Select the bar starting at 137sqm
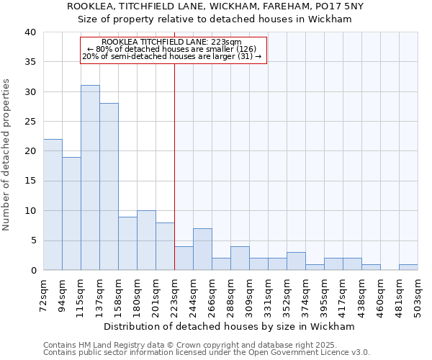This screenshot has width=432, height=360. pos(109,186)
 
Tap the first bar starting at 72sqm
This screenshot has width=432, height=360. pos(53,204)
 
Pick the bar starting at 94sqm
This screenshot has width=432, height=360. pos(71,213)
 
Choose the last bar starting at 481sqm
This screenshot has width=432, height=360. pos(408,267)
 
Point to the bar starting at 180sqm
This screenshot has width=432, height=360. pos(146,240)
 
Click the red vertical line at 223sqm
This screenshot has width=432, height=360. pos(174,166)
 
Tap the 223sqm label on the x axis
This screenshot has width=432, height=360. pos(175,294)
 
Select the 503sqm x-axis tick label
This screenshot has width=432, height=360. pos(418,294)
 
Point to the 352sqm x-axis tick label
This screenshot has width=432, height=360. pos(287,294)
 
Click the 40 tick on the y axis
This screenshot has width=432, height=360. pos(30,32)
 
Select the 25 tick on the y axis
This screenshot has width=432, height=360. pos(30,122)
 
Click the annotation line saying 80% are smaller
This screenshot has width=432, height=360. pos(172,49)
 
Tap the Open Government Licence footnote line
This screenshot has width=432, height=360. pos(207,352)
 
